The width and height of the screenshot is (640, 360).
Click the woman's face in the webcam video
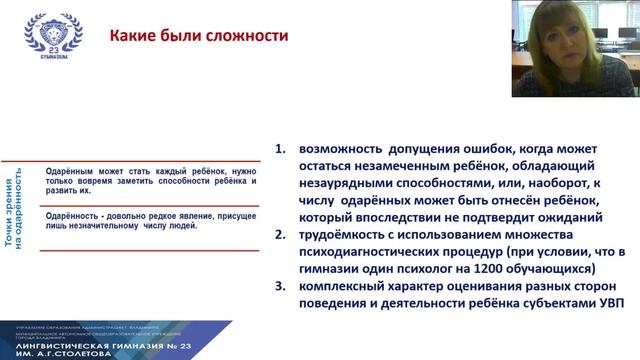581,46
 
